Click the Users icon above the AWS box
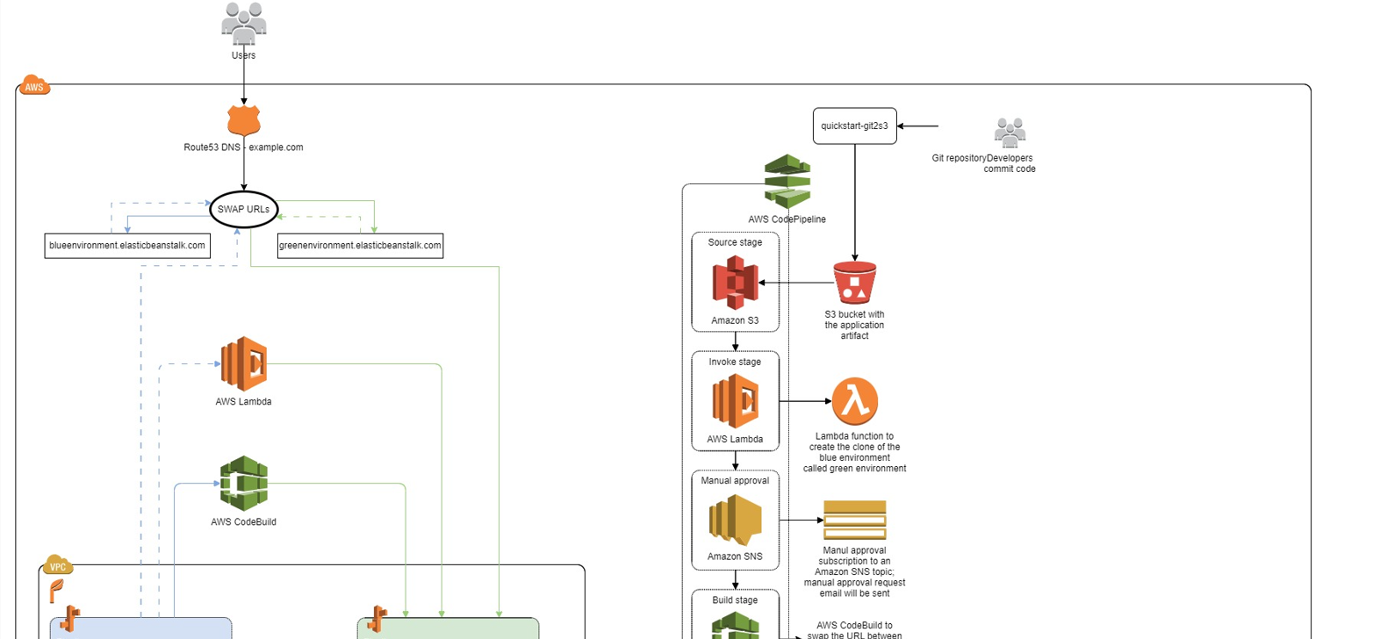click(x=243, y=24)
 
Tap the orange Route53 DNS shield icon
click(x=243, y=120)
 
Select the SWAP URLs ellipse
click(x=244, y=210)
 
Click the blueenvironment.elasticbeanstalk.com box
click(x=127, y=246)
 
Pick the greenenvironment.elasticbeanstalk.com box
click(x=360, y=246)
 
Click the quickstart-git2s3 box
click(x=854, y=126)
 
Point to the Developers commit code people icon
click(x=1010, y=133)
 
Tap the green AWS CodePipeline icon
click(x=787, y=181)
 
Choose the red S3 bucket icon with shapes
click(x=854, y=283)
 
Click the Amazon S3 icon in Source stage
click(x=735, y=283)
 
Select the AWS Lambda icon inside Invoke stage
click(x=735, y=401)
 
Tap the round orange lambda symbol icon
click(x=854, y=401)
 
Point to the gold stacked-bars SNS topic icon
click(x=854, y=520)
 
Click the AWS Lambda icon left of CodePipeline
click(x=243, y=363)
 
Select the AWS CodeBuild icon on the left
click(x=243, y=483)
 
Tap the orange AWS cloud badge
click(x=33, y=85)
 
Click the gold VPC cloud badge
click(x=57, y=565)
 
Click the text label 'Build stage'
click(x=735, y=600)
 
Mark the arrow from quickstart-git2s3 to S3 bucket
click(x=854, y=202)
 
